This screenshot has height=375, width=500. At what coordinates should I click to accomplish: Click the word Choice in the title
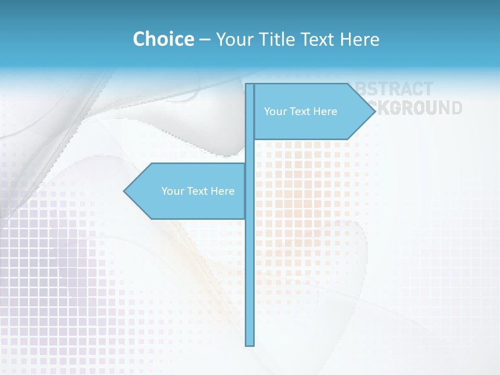pyautogui.click(x=163, y=39)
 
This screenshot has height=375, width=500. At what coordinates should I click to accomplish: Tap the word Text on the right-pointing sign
pyautogui.click(x=299, y=111)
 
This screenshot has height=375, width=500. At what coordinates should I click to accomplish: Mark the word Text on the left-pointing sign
pyautogui.click(x=197, y=191)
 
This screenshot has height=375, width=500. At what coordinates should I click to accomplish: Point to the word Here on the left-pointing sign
pyautogui.click(x=222, y=191)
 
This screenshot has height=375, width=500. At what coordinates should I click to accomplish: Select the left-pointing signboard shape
pyautogui.click(x=187, y=206)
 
